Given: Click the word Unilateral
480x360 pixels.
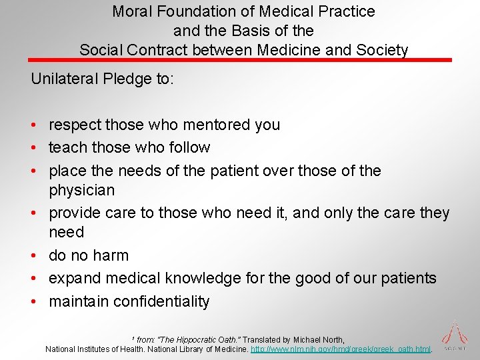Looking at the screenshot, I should [x=65, y=79].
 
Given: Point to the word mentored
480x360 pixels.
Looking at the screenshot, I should [x=206, y=125].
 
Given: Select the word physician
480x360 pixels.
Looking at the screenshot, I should [x=81, y=190].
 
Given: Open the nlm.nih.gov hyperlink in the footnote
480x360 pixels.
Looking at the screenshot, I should [x=342, y=349].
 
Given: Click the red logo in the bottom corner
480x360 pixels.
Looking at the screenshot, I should [x=455, y=334].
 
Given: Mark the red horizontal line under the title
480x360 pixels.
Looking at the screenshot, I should [x=240, y=60].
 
